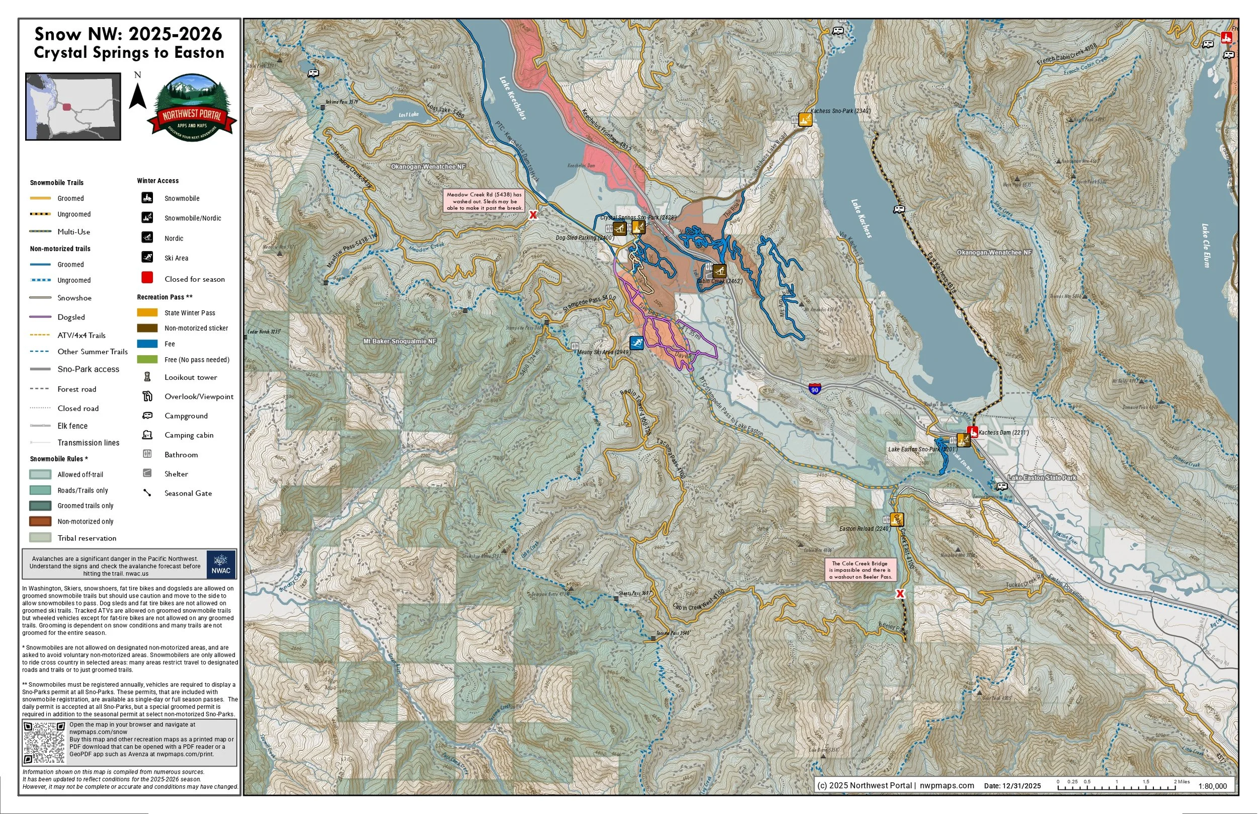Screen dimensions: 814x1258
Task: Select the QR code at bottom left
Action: [x=44, y=743]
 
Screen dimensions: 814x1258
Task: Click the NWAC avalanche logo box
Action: [x=221, y=564]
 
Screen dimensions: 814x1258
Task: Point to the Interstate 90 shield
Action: [x=815, y=389]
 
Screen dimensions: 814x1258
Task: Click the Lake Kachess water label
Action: [x=861, y=218]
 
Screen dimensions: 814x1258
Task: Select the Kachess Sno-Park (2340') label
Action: [x=840, y=111]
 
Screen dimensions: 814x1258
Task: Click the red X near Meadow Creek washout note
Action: [x=533, y=215]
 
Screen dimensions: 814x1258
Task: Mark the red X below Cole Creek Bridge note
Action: [x=900, y=594]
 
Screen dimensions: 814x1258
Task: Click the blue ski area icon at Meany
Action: [x=637, y=343]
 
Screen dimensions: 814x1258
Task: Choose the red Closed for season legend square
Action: [x=147, y=278]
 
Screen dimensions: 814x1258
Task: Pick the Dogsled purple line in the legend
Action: [x=40, y=317]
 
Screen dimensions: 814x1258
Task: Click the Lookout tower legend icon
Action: [x=147, y=377]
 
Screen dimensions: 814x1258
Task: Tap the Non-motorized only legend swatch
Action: [x=40, y=521]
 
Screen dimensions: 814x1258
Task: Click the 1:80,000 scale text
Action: [x=1212, y=786]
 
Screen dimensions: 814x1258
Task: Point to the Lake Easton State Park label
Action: [x=1042, y=478]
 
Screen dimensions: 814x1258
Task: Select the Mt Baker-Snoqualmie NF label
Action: [x=400, y=342]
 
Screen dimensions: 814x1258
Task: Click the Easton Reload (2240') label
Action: [x=864, y=529]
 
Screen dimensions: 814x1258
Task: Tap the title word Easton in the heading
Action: [x=199, y=53]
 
